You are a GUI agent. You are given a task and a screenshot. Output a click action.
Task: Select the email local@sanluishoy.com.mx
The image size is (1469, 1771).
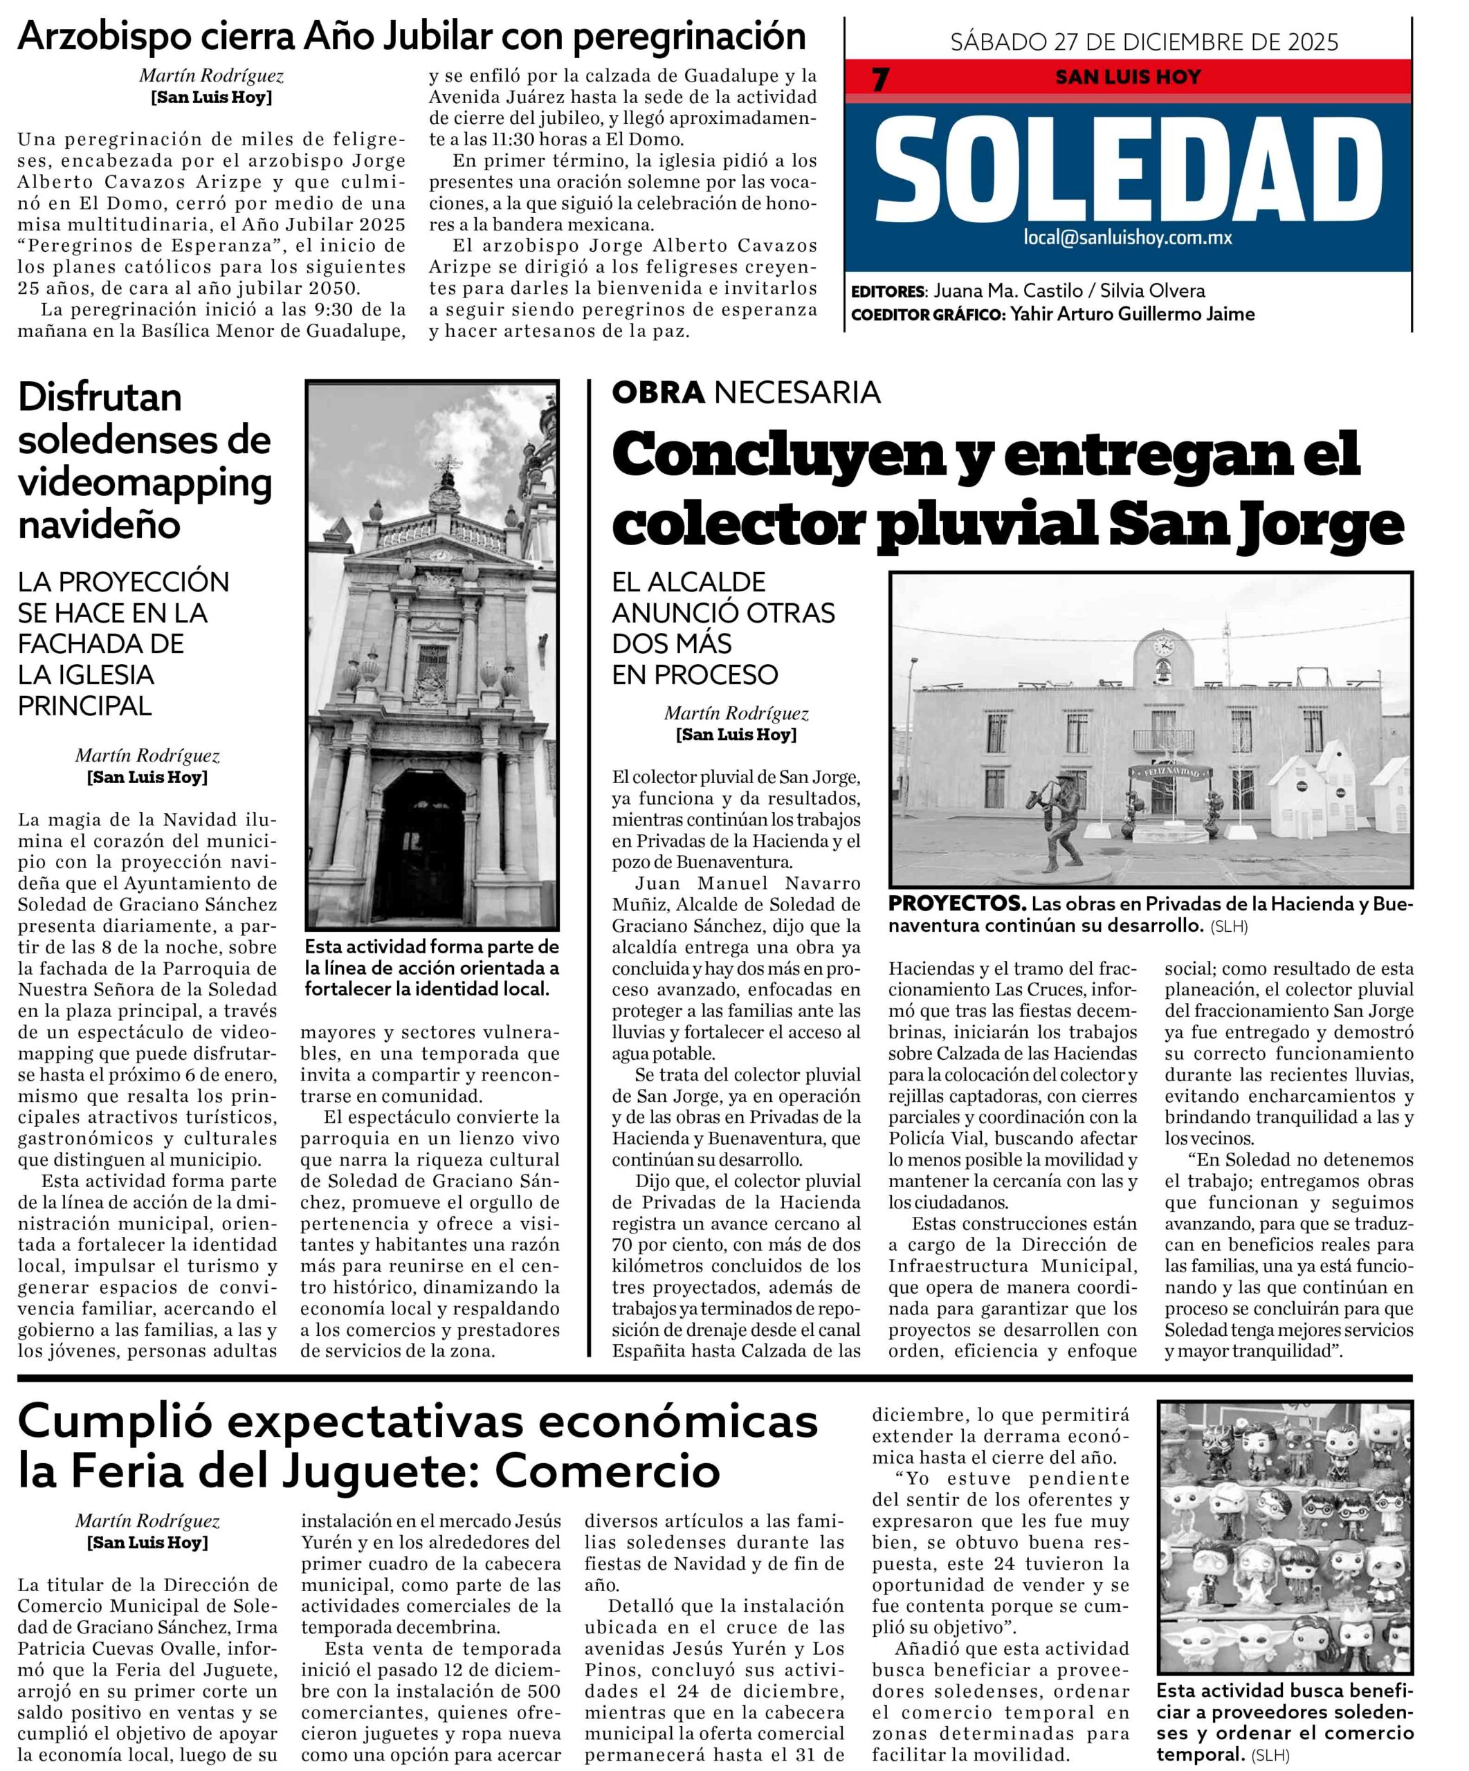tap(1127, 237)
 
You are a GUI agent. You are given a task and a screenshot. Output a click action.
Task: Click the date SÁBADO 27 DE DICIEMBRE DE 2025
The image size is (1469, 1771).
tap(1144, 42)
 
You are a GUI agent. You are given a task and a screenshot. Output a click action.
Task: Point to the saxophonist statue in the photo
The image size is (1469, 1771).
tap(1056, 825)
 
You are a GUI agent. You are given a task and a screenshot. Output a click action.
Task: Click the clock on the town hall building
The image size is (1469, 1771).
tap(1163, 647)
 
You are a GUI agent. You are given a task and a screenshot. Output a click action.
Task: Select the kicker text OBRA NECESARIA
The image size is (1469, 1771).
tap(745, 392)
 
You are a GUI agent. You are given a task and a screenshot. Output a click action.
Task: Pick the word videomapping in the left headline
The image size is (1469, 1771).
tap(145, 482)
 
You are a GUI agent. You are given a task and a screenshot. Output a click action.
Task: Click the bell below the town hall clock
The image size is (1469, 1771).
tap(1163, 673)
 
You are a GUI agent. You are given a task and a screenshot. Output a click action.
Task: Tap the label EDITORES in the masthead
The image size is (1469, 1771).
tap(887, 292)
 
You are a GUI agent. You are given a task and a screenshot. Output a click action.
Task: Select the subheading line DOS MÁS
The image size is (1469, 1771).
tap(671, 643)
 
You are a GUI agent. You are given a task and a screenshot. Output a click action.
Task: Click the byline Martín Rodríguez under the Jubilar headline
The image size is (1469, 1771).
tap(212, 76)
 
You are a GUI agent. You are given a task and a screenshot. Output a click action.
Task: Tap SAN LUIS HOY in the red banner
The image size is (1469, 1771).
tap(1127, 77)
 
